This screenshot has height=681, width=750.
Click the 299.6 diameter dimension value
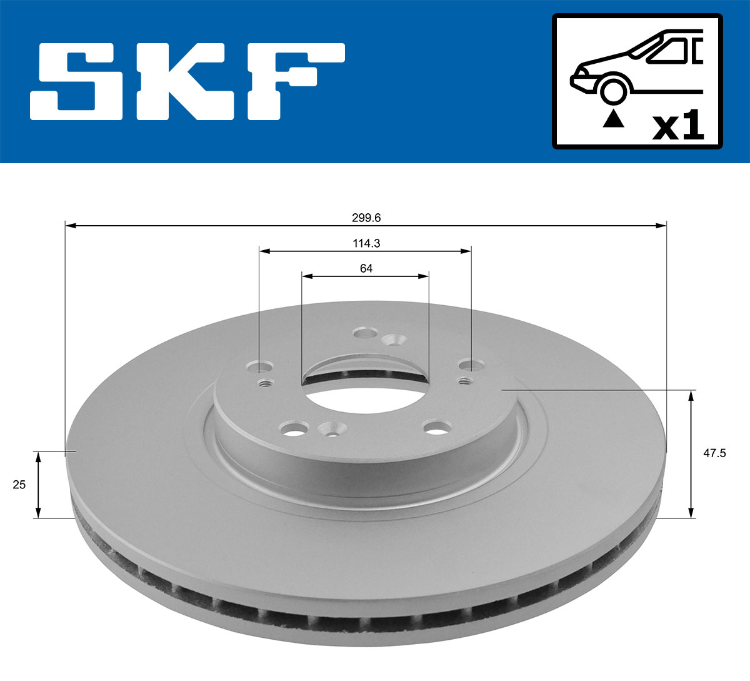(x=366, y=218)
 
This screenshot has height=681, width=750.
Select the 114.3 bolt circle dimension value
(x=366, y=244)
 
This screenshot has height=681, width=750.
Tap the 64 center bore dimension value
(x=366, y=268)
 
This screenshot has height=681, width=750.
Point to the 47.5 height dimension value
(x=714, y=453)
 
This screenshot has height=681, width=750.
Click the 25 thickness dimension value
(x=19, y=484)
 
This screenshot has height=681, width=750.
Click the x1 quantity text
(x=678, y=127)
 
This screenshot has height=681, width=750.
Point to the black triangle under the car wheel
(x=613, y=119)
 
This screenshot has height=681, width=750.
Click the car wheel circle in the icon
(x=613, y=90)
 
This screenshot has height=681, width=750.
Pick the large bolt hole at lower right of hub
(x=436, y=428)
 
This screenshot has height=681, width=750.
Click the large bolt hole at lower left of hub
(x=294, y=429)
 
